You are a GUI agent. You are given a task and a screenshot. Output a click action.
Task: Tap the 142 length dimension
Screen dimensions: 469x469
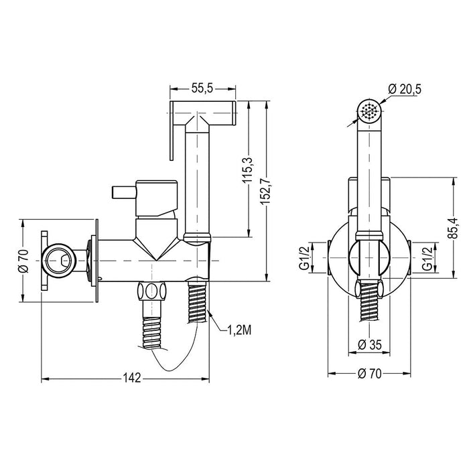pyautogui.click(x=132, y=379)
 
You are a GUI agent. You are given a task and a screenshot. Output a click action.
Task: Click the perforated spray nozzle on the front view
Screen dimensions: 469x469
pyautogui.click(x=367, y=110)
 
